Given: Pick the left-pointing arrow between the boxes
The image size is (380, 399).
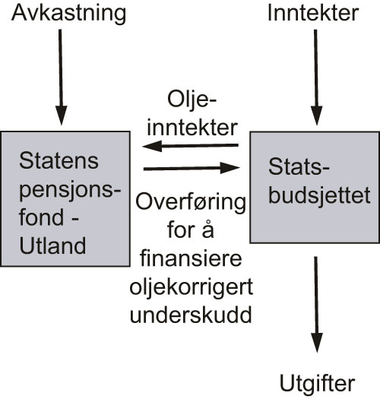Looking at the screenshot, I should pyautogui.click(x=192, y=145).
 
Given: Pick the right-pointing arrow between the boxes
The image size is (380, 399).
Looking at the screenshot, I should pyautogui.click(x=192, y=167).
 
